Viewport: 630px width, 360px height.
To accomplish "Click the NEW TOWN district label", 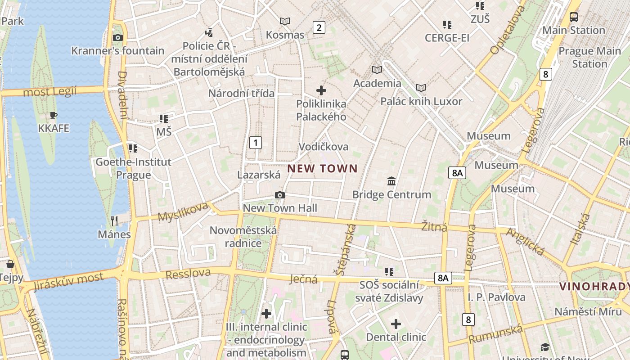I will (322, 169).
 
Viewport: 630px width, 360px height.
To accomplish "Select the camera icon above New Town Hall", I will (280, 195).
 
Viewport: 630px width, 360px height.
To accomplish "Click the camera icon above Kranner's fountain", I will (118, 37).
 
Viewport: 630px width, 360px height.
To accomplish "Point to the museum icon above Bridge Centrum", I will (391, 181).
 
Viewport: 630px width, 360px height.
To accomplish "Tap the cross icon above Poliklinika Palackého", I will (321, 90).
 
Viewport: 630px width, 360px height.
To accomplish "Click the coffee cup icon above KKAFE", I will (54, 115).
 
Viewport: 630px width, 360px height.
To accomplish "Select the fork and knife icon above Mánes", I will (114, 220).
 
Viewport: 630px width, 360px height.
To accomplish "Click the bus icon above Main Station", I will (574, 17).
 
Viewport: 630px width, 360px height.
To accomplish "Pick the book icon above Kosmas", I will (285, 21).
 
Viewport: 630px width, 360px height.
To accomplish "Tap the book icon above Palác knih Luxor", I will (421, 88).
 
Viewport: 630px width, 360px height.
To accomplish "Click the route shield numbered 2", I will (319, 27).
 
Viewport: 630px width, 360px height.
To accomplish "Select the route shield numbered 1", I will (256, 143).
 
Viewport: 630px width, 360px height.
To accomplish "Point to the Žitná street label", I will (434, 227).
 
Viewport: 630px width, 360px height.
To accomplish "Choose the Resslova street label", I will (188, 273).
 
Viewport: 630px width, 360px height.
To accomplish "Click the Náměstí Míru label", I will (588, 311).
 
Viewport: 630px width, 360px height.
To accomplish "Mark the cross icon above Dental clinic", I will (396, 324).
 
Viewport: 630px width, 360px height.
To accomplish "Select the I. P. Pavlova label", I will (496, 297).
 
